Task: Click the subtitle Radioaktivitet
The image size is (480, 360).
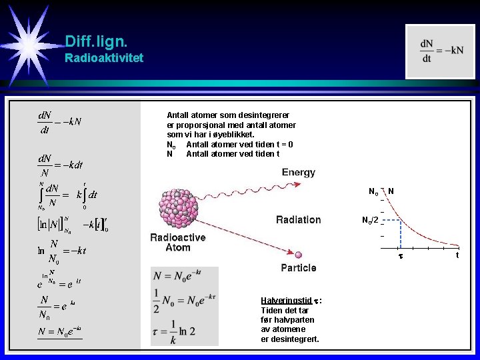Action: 103,58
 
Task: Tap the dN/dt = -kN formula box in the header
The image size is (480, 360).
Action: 441,51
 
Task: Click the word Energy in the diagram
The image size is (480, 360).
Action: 298,172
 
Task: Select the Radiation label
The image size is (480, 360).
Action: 298,219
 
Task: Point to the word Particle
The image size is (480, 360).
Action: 299,268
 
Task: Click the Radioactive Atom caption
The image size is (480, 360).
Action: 178,242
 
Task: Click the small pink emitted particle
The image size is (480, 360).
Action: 298,254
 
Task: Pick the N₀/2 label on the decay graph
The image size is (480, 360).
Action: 370,221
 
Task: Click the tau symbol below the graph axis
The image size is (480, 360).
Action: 401,256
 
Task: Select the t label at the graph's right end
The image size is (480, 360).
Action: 457,255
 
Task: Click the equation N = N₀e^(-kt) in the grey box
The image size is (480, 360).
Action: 177,275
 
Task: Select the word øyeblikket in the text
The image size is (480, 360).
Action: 233,135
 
